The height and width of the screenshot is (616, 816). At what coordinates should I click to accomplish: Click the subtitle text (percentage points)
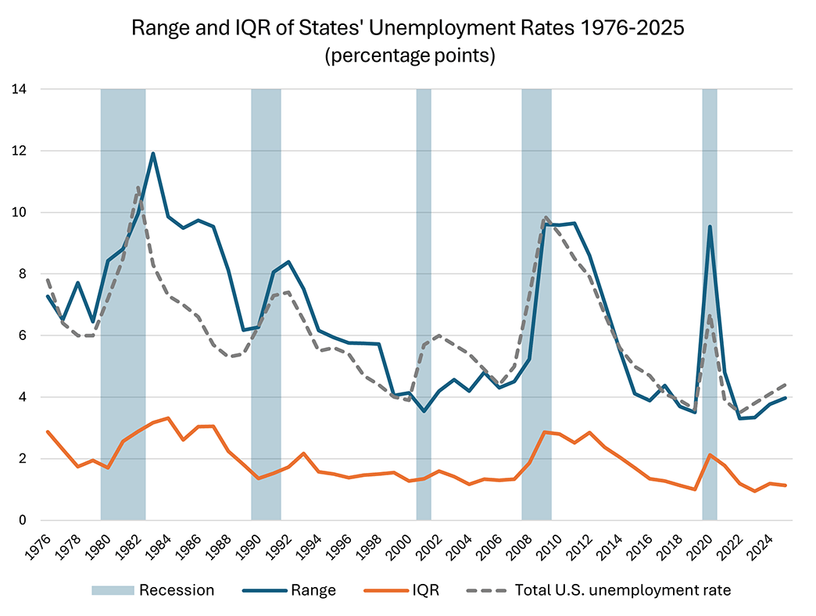point(407,56)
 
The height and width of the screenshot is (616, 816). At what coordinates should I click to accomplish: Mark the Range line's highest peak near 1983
point(153,153)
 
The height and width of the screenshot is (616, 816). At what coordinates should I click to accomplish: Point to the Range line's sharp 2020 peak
point(710,227)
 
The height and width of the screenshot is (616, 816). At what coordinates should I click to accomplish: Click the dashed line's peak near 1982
point(138,187)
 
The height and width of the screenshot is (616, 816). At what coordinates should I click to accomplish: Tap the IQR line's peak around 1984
point(168,418)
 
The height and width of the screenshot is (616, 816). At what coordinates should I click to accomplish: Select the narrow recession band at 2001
point(424,305)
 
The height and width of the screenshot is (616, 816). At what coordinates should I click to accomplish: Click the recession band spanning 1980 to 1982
point(123,305)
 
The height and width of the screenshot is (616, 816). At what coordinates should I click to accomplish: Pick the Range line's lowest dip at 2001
point(424,411)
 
